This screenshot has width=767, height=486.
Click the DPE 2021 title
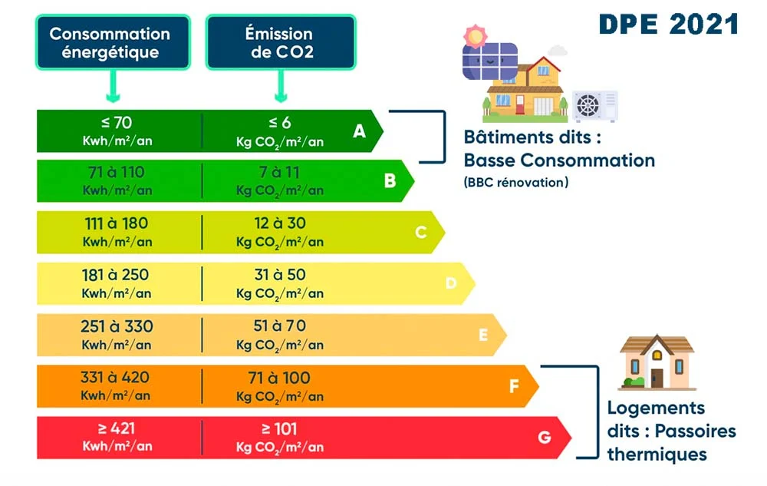point(668,23)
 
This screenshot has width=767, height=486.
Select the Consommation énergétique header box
point(110,43)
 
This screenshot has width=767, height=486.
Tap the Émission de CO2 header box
point(279,43)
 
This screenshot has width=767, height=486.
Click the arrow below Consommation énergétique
point(112,88)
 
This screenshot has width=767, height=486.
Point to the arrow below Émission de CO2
point(281,88)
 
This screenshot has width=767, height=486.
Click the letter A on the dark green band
point(359,131)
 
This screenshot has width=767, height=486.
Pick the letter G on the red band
point(544,438)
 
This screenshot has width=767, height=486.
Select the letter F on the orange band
point(514,386)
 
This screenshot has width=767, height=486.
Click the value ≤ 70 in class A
point(117,121)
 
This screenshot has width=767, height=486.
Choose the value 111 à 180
point(117,223)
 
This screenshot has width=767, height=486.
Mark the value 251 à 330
point(117,326)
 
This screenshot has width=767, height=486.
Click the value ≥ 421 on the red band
point(117,429)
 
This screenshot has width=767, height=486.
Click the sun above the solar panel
point(476,35)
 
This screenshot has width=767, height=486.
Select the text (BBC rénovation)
point(515,183)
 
